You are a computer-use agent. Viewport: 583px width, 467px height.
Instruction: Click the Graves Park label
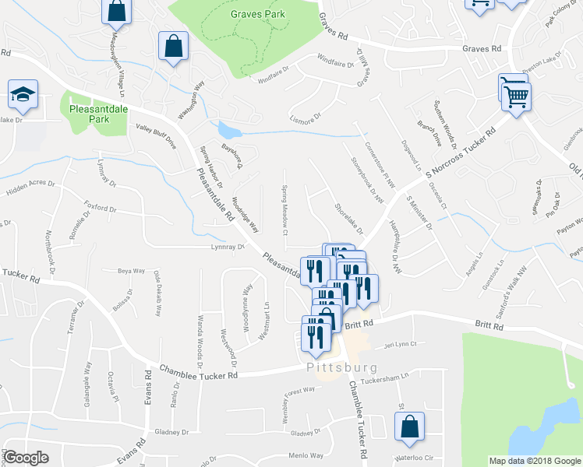pyautogui.click(x=257, y=14)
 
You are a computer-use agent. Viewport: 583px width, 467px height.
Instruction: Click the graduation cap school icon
pyautogui.click(x=23, y=95)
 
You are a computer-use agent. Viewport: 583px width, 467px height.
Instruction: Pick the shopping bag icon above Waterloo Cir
pyautogui.click(x=408, y=427)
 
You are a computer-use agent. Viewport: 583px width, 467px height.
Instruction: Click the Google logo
pyautogui.click(x=26, y=458)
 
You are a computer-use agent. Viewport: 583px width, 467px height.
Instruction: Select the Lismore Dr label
pyautogui.click(x=306, y=118)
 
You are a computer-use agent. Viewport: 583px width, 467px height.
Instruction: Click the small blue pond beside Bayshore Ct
pyautogui.click(x=228, y=129)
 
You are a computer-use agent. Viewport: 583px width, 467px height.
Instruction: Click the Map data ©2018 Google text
pyautogui.click(x=534, y=461)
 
